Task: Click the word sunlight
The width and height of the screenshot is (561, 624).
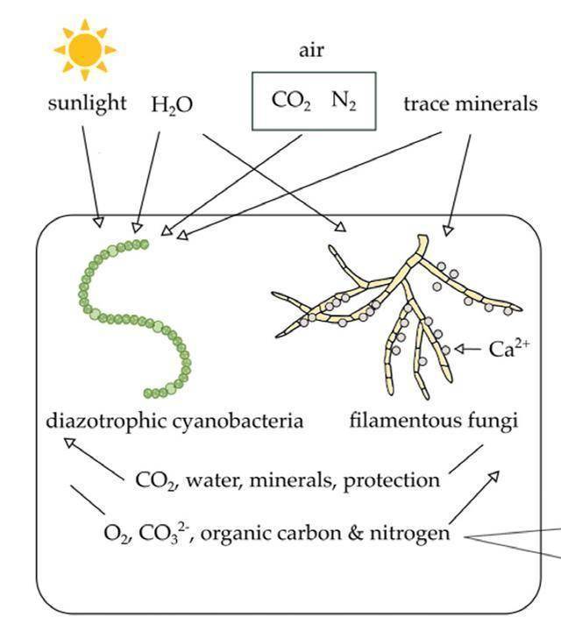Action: pos(85,104)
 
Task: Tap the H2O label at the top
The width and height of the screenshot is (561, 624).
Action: pos(172,105)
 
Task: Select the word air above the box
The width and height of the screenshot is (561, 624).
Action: pos(312,50)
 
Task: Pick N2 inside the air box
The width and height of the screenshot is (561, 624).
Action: pos(342,101)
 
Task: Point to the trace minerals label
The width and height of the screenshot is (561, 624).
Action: pos(471,104)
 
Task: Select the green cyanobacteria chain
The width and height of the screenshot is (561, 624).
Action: pos(131,316)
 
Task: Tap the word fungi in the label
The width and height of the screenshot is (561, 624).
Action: pos(494,421)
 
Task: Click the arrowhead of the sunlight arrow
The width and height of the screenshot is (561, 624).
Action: pos(99,220)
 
